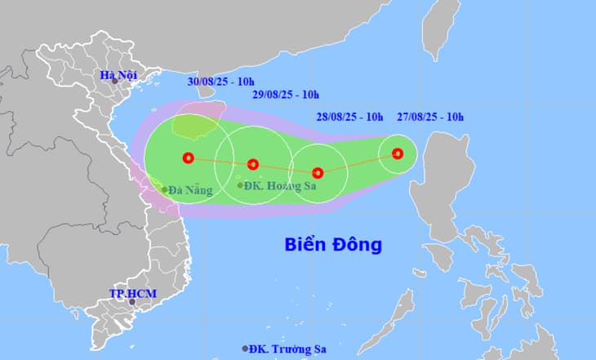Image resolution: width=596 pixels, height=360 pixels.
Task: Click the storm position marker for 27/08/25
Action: [x=398, y=153]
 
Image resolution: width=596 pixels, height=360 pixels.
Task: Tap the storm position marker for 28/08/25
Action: [x=318, y=173]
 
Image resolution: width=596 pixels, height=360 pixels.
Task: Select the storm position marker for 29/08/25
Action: [x=253, y=164]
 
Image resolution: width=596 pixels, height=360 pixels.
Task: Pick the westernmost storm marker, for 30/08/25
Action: [x=189, y=158]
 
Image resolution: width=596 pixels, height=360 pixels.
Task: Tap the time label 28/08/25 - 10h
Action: [x=349, y=117]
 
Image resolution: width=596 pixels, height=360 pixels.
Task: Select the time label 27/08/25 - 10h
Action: [x=430, y=117]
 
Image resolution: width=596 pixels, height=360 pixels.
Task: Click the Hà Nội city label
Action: [x=118, y=75]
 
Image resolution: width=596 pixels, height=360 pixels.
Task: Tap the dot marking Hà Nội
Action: [x=115, y=81]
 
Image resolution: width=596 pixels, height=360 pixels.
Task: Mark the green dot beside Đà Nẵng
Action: [x=165, y=190]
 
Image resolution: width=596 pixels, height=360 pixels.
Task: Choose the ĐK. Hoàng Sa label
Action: [x=281, y=186]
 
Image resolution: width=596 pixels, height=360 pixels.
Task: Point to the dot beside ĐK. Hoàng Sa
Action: [x=240, y=185]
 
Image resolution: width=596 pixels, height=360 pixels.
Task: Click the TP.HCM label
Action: [x=133, y=293]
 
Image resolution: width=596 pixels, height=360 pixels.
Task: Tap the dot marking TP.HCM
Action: [x=132, y=302]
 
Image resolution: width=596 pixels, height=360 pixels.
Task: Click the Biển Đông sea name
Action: [x=333, y=244]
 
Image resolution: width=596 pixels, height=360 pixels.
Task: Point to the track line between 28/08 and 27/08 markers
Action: [x=358, y=163]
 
